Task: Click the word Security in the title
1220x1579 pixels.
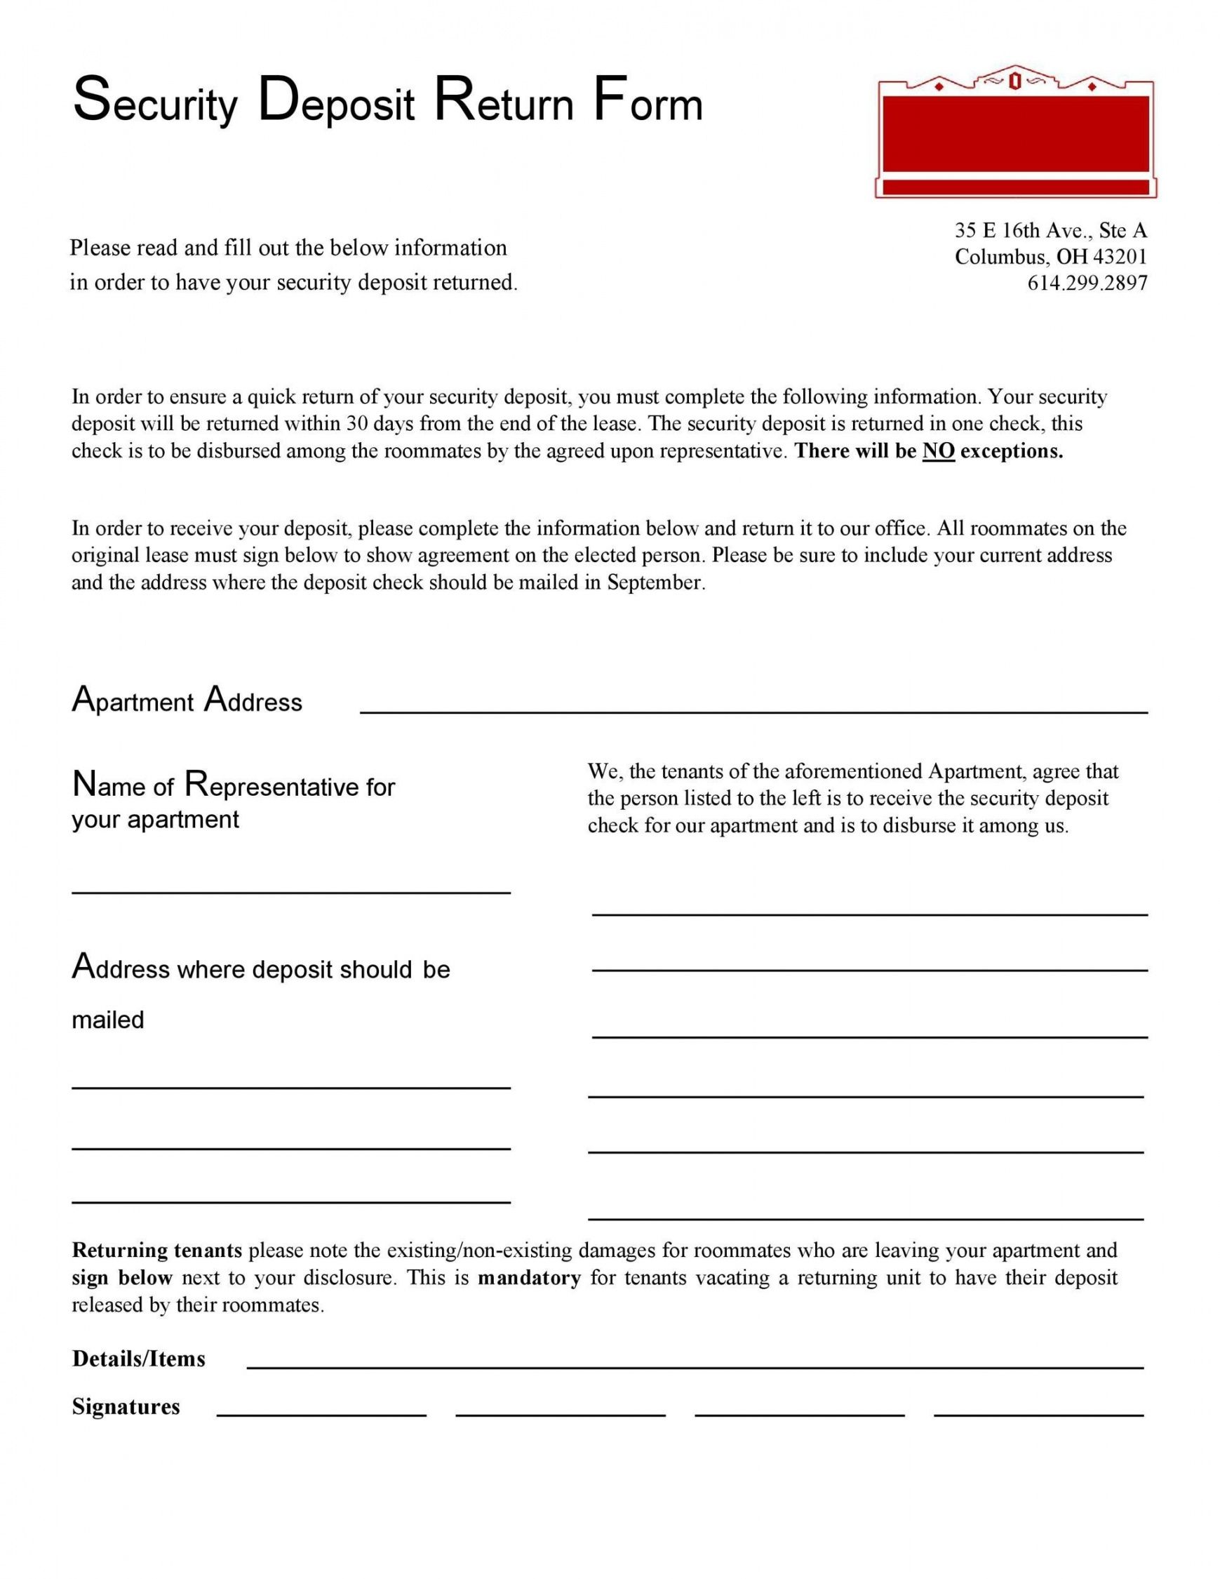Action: click(155, 102)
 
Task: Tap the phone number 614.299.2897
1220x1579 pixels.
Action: click(1087, 283)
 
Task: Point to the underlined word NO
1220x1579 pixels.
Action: click(938, 451)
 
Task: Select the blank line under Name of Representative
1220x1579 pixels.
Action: click(290, 893)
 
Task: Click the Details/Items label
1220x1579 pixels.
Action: click(139, 1359)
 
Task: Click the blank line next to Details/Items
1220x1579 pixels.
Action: click(695, 1367)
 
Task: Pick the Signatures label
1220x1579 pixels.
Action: click(126, 1407)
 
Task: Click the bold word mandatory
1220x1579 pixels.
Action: click(529, 1278)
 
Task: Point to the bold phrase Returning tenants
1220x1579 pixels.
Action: click(157, 1250)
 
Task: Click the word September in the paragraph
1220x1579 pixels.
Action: click(654, 582)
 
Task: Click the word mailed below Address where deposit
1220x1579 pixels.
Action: click(108, 1020)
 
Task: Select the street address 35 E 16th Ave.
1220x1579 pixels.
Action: click(1022, 231)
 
